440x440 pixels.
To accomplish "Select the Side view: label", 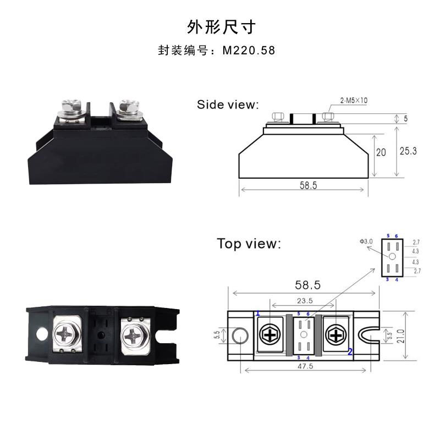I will tap(228, 105).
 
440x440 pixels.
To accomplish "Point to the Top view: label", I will tap(249, 243).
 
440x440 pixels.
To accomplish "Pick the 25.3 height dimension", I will tap(408, 151).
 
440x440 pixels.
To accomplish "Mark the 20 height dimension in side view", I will tap(381, 153).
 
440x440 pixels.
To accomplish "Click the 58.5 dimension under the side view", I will tap(308, 185).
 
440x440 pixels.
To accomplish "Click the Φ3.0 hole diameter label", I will tap(366, 241).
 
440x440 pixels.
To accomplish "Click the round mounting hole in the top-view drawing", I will tap(240, 335).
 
